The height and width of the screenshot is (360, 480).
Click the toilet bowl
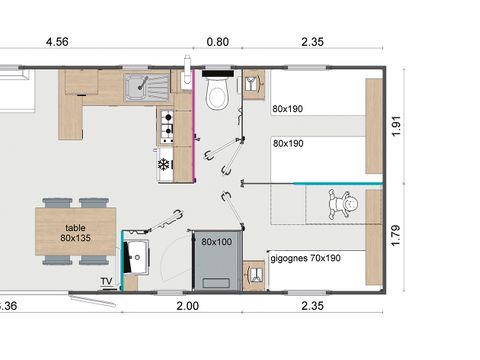215,96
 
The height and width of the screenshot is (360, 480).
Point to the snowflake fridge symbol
164,164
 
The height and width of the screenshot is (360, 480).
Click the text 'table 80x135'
74,232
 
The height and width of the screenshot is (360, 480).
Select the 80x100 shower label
215,242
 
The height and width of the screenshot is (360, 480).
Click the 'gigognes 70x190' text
304,257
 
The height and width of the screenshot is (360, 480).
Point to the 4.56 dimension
57,42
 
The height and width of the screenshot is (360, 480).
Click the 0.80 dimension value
216,42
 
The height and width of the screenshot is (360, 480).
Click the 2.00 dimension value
187,306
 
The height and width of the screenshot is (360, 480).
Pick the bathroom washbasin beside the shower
136,257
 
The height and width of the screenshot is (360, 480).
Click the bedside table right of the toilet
253,82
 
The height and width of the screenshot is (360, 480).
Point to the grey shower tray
215,262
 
